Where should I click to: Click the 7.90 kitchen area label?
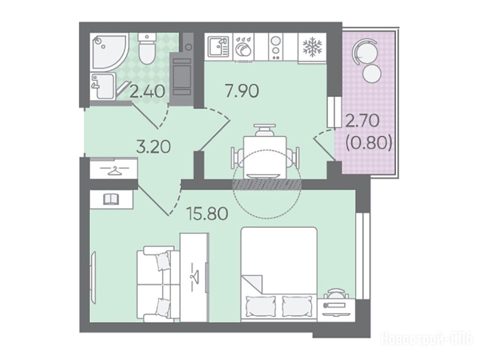click(242, 91)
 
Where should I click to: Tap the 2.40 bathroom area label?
click(147, 91)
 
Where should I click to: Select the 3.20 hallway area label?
click(153, 147)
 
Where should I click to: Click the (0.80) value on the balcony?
click(369, 142)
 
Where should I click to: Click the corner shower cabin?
click(109, 52)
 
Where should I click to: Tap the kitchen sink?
click(219, 47)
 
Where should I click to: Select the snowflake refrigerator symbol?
click(312, 47)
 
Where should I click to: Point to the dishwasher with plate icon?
click(244, 47)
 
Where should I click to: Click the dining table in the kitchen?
click(265, 157)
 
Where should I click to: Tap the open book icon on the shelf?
click(111, 199)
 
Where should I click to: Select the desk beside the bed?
click(336, 310)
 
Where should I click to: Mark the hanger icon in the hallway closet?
click(114, 170)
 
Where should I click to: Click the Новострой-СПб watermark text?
click(427, 339)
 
